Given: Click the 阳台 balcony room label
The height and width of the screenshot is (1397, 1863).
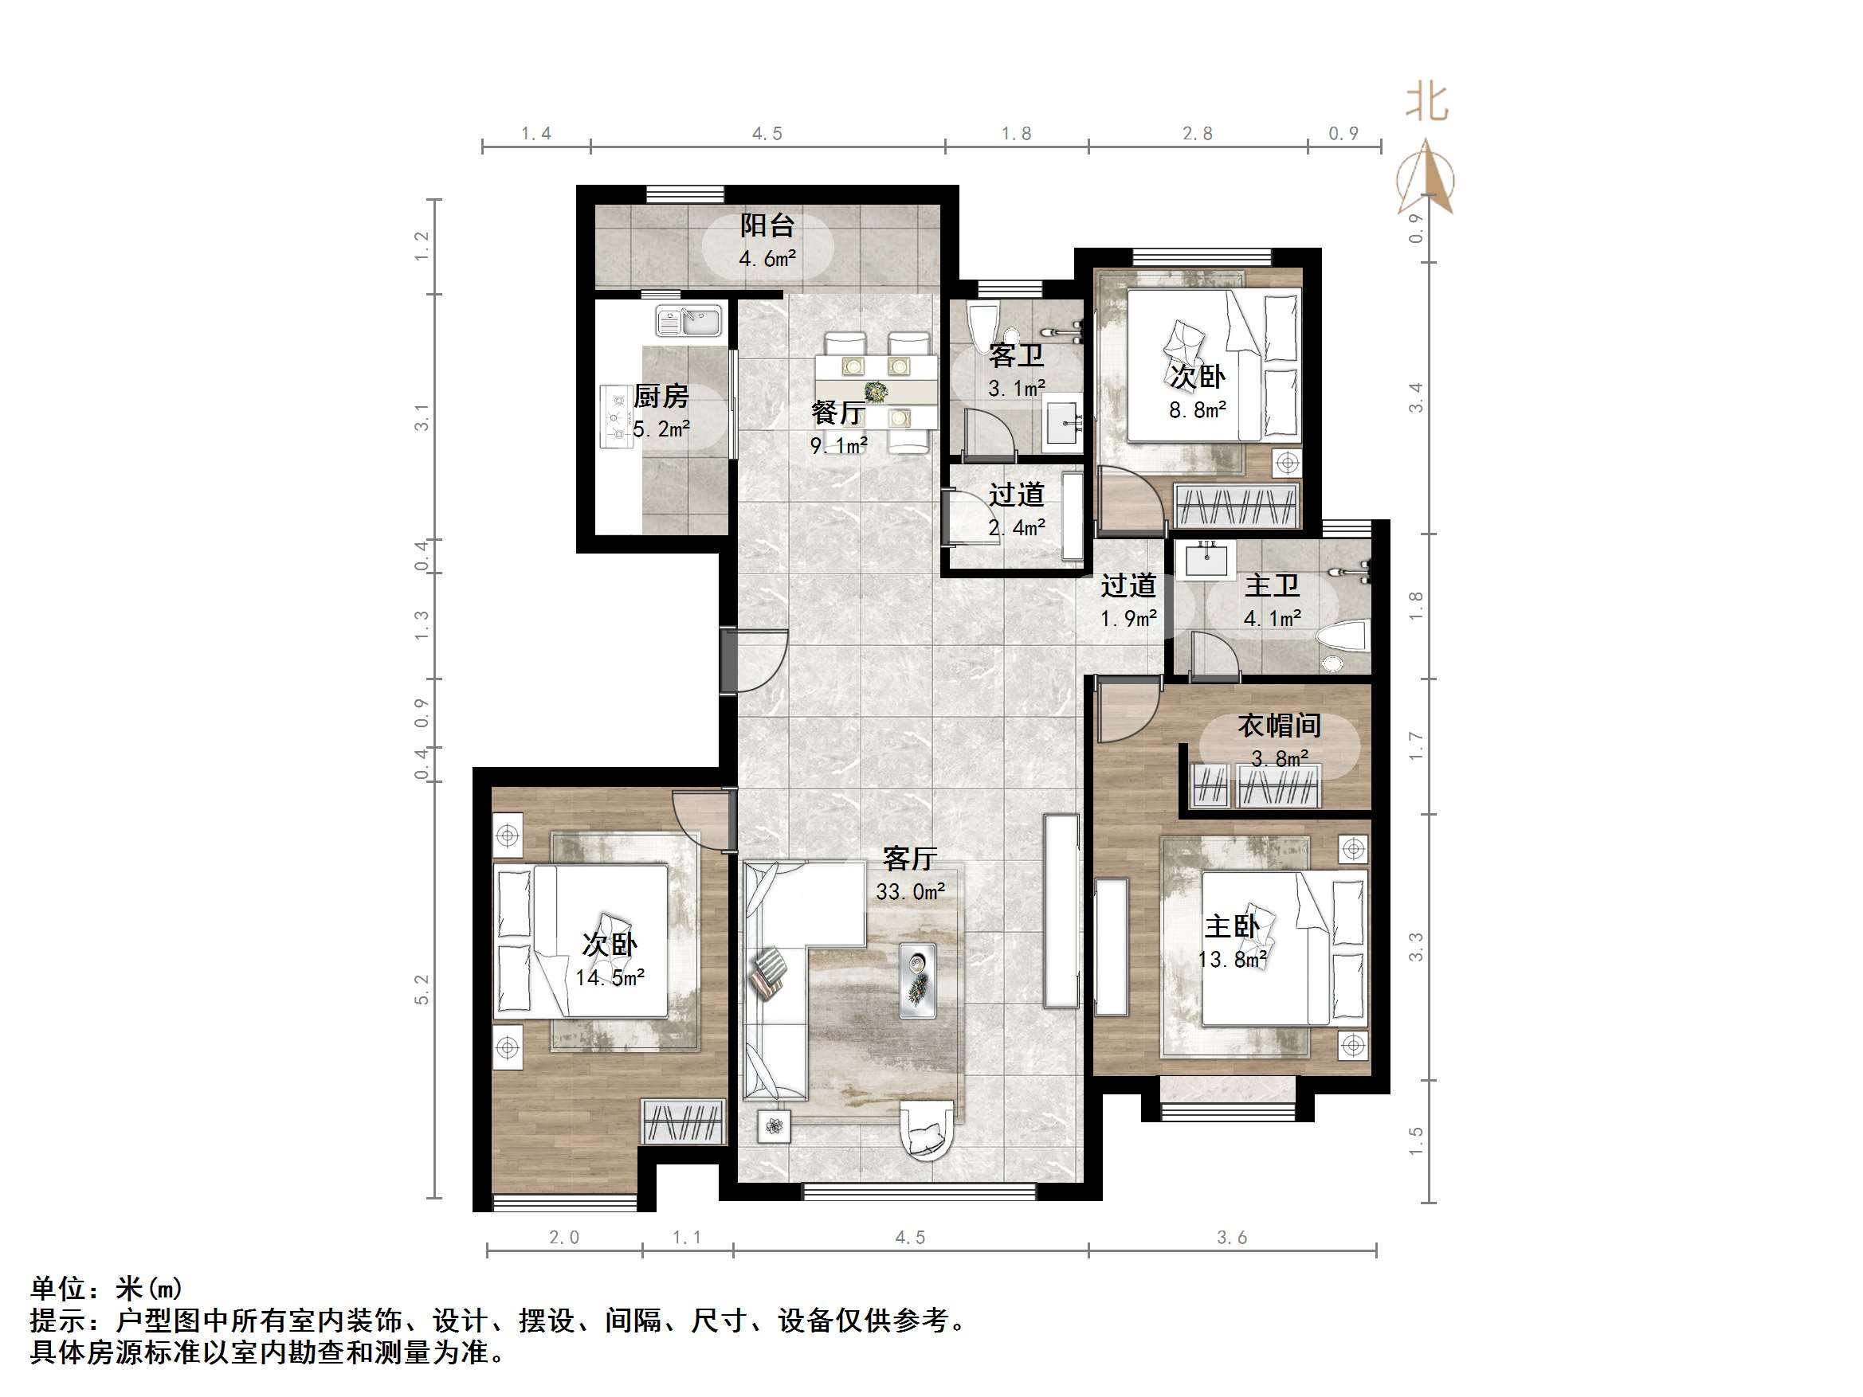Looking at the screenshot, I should (x=767, y=225).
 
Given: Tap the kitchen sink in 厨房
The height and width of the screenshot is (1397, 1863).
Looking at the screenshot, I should (x=689, y=321).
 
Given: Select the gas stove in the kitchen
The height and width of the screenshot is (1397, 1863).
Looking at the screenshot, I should (x=617, y=417).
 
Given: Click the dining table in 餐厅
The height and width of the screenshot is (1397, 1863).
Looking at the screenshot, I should (x=876, y=392).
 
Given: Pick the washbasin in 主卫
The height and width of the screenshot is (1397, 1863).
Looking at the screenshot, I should (x=1206, y=559).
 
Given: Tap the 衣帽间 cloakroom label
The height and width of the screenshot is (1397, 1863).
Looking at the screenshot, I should (x=1278, y=725).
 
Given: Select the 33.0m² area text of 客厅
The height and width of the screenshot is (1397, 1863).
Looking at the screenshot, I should (x=910, y=891).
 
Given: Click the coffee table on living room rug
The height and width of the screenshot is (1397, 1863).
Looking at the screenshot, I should (x=917, y=980).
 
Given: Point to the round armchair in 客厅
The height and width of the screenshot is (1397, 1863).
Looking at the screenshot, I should (x=928, y=1130).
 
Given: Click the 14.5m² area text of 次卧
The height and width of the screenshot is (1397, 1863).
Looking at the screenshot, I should (x=610, y=977).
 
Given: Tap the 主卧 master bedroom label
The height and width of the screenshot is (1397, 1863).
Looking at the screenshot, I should (x=1231, y=926).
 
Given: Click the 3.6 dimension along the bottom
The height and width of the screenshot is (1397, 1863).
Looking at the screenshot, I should (x=1231, y=1237).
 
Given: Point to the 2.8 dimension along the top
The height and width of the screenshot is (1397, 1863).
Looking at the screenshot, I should (x=1197, y=134).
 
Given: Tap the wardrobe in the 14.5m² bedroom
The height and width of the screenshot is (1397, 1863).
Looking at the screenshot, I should (x=682, y=1121).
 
